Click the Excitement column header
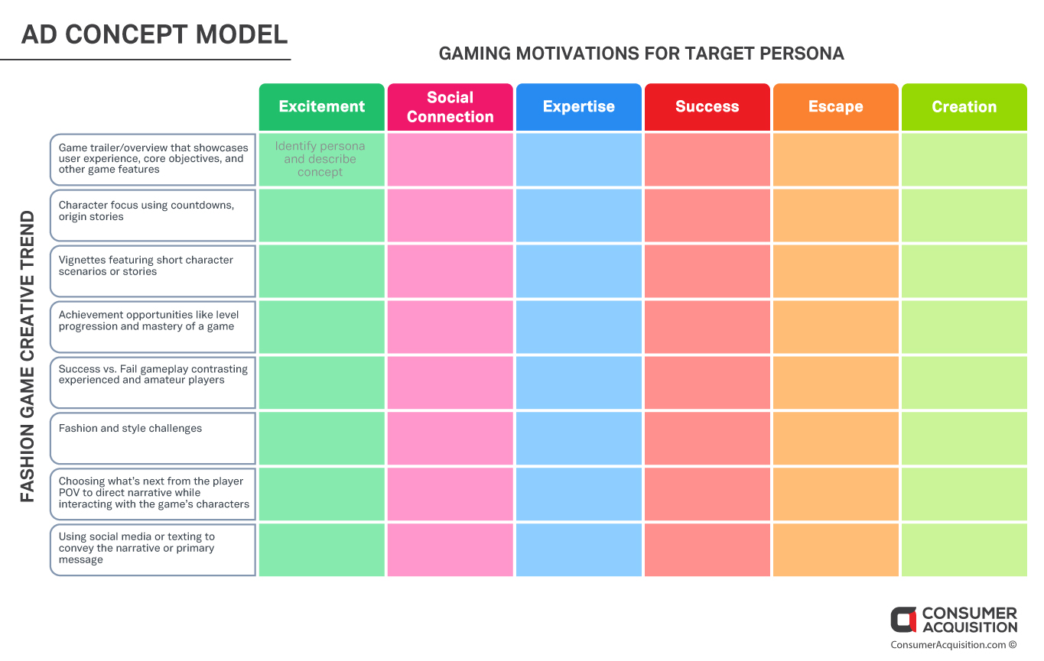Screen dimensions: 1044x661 [321, 107]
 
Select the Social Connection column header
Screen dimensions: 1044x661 [450, 107]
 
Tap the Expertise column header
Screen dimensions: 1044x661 [579, 107]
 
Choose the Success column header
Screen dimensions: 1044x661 [707, 107]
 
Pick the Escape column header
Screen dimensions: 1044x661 [836, 107]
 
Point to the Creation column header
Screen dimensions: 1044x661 [964, 107]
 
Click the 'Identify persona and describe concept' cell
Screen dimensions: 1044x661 [321, 159]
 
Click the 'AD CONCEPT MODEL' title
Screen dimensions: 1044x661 [154, 34]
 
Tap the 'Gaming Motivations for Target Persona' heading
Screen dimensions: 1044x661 [641, 53]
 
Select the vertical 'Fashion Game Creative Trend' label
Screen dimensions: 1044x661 [28, 356]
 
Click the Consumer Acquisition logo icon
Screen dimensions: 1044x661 [903, 620]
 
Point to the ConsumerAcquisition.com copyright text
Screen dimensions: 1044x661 [954, 645]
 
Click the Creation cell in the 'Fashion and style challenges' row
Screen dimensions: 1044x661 [964, 439]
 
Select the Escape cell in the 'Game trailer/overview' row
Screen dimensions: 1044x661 [836, 159]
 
